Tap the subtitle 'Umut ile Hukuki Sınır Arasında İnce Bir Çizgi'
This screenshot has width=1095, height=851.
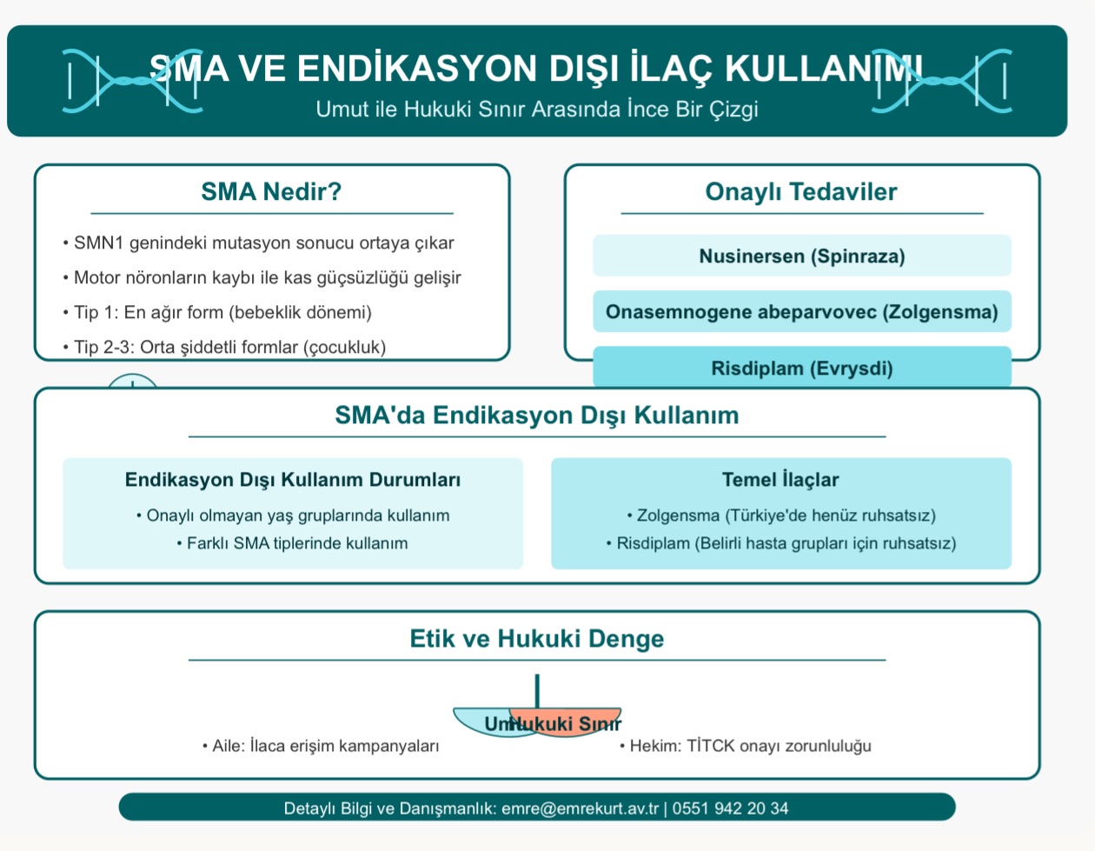tap(536, 110)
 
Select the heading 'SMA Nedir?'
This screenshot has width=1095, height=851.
tap(271, 191)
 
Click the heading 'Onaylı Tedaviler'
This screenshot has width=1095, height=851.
tap(800, 192)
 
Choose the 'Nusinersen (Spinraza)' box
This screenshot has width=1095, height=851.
tap(801, 256)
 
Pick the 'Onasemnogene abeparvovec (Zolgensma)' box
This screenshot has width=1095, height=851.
tap(801, 312)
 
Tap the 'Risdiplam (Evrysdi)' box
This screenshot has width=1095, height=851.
tap(801, 369)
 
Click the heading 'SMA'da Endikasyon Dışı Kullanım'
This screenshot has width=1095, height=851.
tap(536, 416)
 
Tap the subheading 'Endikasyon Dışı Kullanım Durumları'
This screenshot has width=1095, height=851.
tap(293, 480)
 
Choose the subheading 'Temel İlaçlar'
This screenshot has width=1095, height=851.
tap(780, 480)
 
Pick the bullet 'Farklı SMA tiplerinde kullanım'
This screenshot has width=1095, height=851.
tap(297, 543)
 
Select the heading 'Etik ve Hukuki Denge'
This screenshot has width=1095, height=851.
tap(536, 639)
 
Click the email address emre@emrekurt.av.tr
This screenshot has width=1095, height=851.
tap(580, 808)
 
